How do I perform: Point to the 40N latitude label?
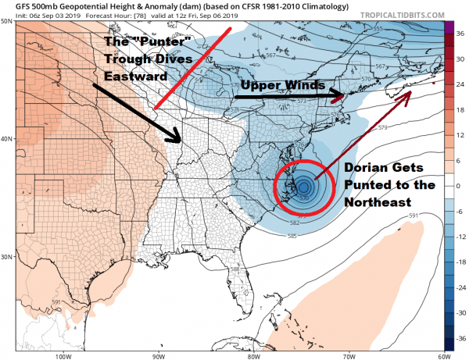8,138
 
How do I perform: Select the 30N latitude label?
8,256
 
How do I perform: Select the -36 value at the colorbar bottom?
460,340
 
